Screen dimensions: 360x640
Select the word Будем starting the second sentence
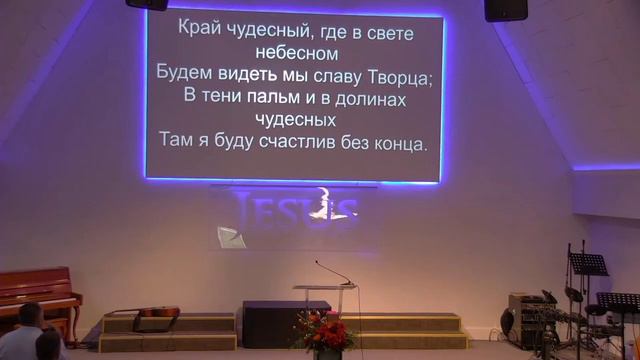pyautogui.click(x=185, y=74)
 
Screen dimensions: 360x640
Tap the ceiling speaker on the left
pyautogui.click(x=147, y=4)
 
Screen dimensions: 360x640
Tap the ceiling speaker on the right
pyautogui.click(x=505, y=9)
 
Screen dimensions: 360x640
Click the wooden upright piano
pyautogui.click(x=39, y=292)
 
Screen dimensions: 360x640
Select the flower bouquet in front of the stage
pyautogui.click(x=323, y=330)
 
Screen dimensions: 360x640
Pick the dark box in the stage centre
pyautogui.click(x=272, y=323)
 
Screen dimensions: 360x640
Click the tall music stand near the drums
pyautogui.click(x=589, y=265)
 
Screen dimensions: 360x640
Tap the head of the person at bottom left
pyautogui.click(x=30, y=316)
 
